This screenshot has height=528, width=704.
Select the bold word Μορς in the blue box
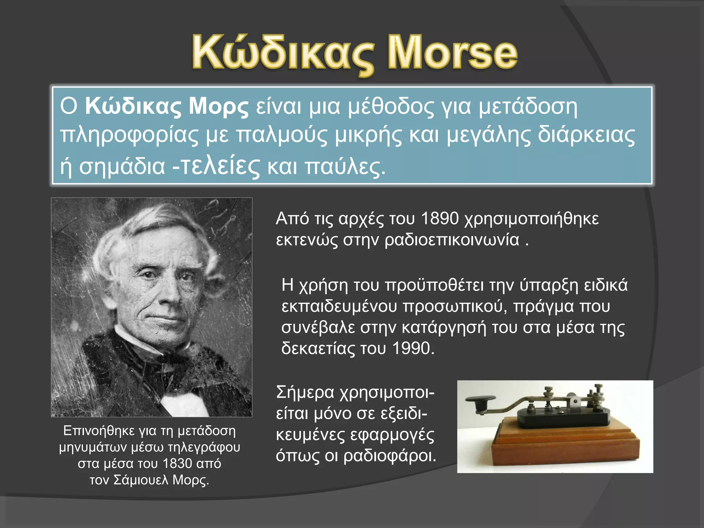[219, 107]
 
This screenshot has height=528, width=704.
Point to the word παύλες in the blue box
[345, 167]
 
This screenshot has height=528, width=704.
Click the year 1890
[440, 219]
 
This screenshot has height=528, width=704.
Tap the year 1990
[412, 348]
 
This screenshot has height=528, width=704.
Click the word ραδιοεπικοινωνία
[452, 240]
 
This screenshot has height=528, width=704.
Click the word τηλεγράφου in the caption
[204, 447]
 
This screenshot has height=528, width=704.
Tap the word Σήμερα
[305, 393]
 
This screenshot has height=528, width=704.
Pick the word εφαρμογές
[392, 435]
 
